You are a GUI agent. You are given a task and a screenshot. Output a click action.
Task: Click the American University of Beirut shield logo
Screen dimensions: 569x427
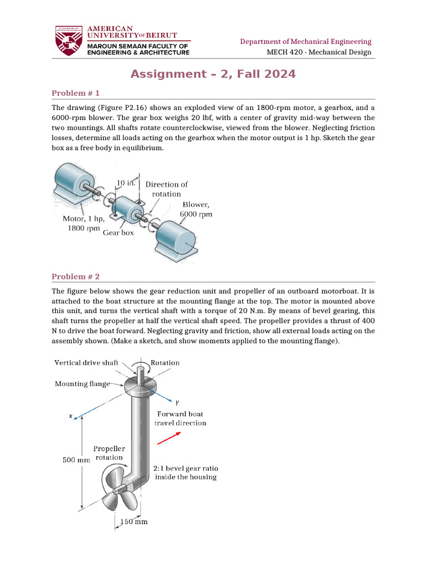coord(68,40)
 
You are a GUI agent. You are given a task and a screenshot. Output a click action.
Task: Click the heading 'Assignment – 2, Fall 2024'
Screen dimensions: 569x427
coord(213,74)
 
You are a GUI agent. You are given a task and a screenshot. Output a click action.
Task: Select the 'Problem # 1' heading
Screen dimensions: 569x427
coord(75,93)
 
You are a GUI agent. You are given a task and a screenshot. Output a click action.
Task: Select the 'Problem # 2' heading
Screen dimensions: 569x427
coord(75,276)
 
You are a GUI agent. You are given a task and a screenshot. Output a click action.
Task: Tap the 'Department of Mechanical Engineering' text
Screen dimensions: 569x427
coord(305,42)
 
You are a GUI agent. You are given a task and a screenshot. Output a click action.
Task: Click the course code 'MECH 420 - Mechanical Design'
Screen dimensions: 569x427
coord(319,53)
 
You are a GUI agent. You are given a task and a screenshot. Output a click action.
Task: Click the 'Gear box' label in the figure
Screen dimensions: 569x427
coord(118,233)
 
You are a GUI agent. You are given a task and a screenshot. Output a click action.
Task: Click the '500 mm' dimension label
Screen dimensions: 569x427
coord(76,460)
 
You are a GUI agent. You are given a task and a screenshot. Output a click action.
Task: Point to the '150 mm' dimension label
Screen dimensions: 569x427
coord(134,522)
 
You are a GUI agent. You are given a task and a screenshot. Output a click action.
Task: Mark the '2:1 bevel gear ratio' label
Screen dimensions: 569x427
coord(185,472)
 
